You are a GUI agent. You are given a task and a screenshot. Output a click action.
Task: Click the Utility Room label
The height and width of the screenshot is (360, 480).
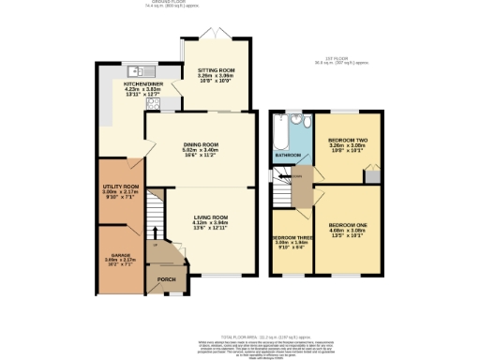pos(120,187)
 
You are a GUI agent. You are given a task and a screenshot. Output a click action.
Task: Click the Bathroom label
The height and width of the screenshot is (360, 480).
pos(288,155)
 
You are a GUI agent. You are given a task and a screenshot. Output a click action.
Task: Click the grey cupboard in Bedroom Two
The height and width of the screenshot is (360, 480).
pos(372,173)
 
